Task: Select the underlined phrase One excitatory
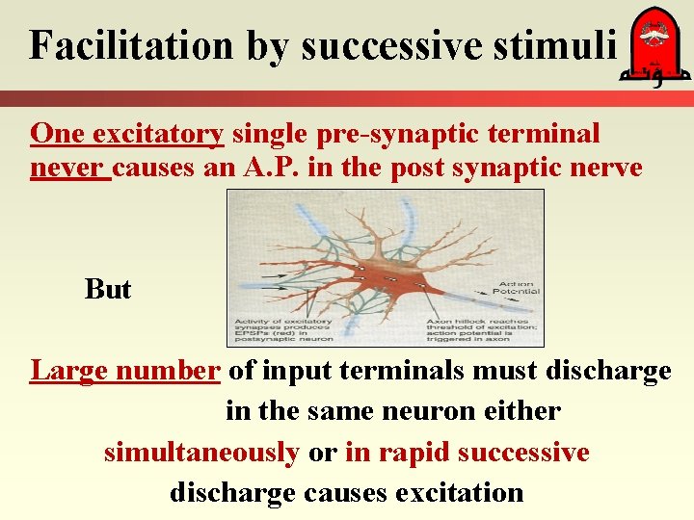[x=127, y=133]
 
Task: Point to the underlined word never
[x=68, y=169]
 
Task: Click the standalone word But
[x=107, y=289]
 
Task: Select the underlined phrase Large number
[x=125, y=371]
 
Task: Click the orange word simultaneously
[x=201, y=452]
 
